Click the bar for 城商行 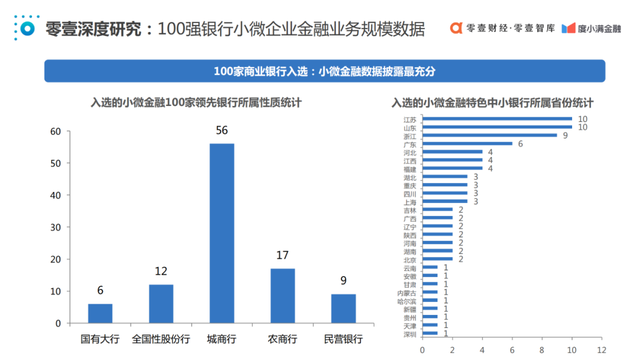(222, 233)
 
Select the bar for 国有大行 (100, 313)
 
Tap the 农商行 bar (282, 296)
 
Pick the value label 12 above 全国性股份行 (161, 271)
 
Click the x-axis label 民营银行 (343, 339)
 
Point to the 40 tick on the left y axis (56, 195)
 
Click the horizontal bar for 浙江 (489, 136)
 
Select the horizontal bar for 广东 (467, 144)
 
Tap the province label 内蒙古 (406, 292)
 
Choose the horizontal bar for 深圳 (430, 333)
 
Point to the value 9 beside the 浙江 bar (564, 136)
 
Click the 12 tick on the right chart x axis (601, 349)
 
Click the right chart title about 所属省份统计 (492, 102)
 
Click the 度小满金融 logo (591, 28)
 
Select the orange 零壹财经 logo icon (456, 28)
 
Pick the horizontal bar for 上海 (444, 201)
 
